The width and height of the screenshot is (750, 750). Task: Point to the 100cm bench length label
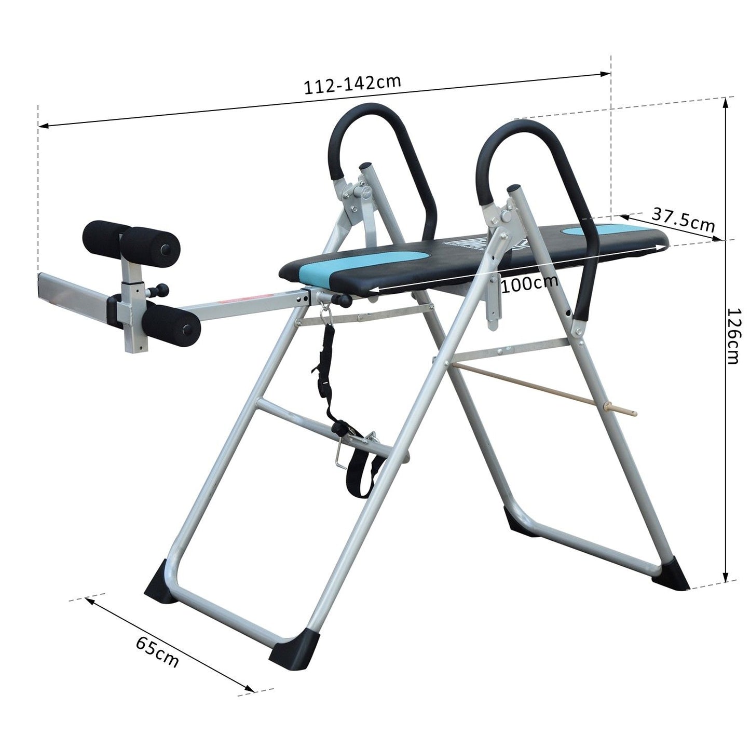point(529,283)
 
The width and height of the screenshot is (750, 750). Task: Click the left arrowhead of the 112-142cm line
point(44,126)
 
